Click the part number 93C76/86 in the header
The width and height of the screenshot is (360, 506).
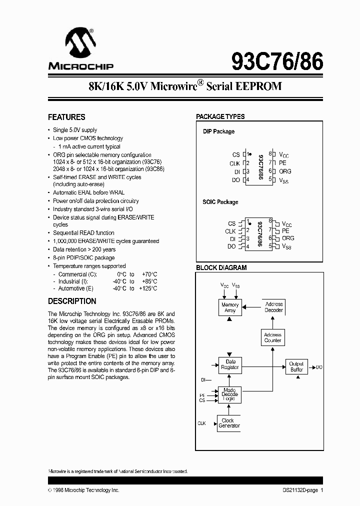click(x=277, y=62)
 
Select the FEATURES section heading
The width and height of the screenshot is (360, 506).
click(x=66, y=117)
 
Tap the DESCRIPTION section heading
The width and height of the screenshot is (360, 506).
click(x=72, y=301)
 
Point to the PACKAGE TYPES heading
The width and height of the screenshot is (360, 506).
click(x=220, y=116)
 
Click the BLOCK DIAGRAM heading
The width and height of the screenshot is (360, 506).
click(x=221, y=267)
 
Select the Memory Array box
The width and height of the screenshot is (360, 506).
click(x=230, y=307)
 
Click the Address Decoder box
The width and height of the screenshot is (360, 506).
click(x=273, y=307)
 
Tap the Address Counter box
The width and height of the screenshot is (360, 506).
click(x=273, y=337)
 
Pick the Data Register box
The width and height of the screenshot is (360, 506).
click(x=230, y=364)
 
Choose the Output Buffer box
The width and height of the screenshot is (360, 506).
click(x=296, y=367)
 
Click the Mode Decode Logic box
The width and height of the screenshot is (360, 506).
click(x=230, y=394)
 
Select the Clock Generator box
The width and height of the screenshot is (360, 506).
click(x=229, y=423)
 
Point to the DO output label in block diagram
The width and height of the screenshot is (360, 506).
click(x=319, y=367)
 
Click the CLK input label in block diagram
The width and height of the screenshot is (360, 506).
click(x=201, y=423)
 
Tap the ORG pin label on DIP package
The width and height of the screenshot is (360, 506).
click(x=285, y=171)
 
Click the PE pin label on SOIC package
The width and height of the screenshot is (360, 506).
click(x=285, y=230)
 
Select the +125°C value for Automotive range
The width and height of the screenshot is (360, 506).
click(x=148, y=288)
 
